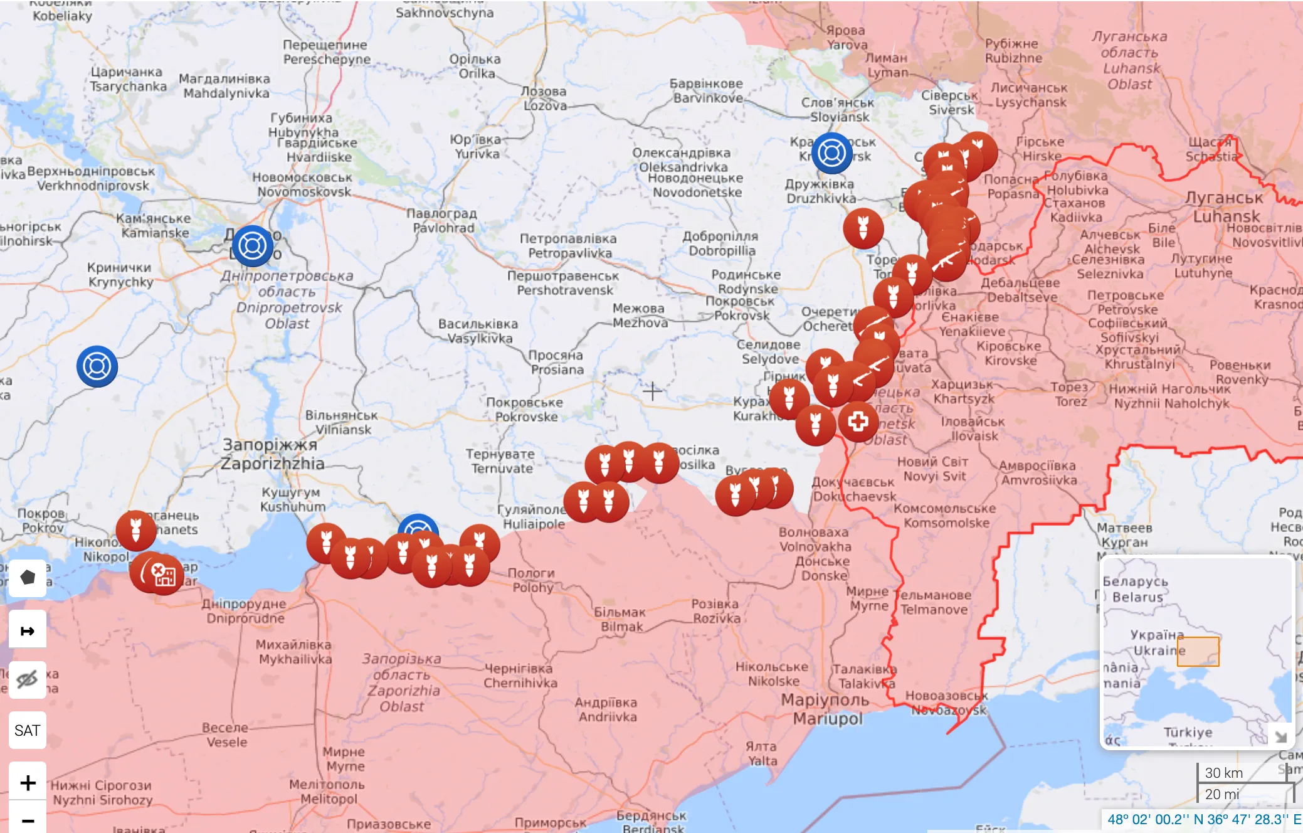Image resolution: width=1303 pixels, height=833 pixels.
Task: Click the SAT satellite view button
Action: (x=27, y=730)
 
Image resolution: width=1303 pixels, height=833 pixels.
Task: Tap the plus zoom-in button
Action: (x=27, y=782)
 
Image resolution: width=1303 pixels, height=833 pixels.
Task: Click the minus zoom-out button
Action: (x=27, y=820)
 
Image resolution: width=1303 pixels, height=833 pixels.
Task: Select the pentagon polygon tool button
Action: (x=27, y=577)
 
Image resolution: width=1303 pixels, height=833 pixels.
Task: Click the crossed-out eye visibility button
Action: (x=27, y=679)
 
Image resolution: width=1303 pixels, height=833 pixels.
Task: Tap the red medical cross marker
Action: (x=858, y=422)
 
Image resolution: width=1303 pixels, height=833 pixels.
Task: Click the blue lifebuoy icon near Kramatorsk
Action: (x=831, y=152)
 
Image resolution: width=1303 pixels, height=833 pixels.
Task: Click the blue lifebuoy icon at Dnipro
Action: (x=252, y=245)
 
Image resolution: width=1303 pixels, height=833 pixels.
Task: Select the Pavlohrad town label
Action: (x=443, y=221)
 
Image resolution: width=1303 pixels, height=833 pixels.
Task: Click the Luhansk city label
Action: (x=1225, y=207)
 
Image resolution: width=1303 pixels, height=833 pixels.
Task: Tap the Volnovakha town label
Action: (x=814, y=539)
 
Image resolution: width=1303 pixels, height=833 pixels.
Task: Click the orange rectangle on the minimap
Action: (x=1198, y=651)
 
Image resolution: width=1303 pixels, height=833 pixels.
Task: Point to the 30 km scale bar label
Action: (x=1223, y=773)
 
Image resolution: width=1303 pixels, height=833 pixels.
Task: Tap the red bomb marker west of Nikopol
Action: (x=135, y=530)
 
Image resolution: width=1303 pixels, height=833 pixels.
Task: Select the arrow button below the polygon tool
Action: (x=27, y=630)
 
